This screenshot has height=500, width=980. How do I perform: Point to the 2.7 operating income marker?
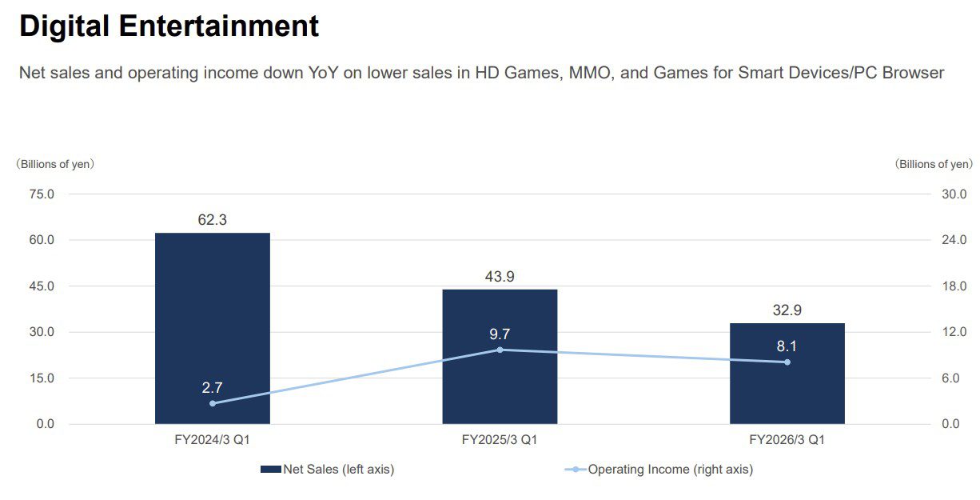(213, 403)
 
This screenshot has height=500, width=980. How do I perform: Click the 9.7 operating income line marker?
(500, 350)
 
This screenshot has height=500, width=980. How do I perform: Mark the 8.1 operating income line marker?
(787, 362)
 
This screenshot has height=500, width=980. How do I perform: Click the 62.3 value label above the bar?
(212, 220)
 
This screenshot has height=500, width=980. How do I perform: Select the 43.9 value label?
(500, 277)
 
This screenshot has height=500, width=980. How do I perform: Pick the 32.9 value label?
(787, 310)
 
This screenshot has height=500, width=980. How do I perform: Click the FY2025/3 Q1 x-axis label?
(500, 440)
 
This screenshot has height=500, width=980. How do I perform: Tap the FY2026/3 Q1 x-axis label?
(787, 440)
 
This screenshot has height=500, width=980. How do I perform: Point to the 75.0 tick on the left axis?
(41, 194)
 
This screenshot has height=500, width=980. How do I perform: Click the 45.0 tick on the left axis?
(41, 286)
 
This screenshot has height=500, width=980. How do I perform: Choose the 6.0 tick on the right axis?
(956, 378)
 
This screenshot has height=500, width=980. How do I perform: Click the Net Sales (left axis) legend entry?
(328, 470)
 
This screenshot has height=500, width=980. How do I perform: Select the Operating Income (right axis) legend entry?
(659, 470)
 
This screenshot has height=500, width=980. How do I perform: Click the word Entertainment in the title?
(219, 26)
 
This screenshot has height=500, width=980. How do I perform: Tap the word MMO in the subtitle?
(588, 74)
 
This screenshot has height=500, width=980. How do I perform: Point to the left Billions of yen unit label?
(56, 164)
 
